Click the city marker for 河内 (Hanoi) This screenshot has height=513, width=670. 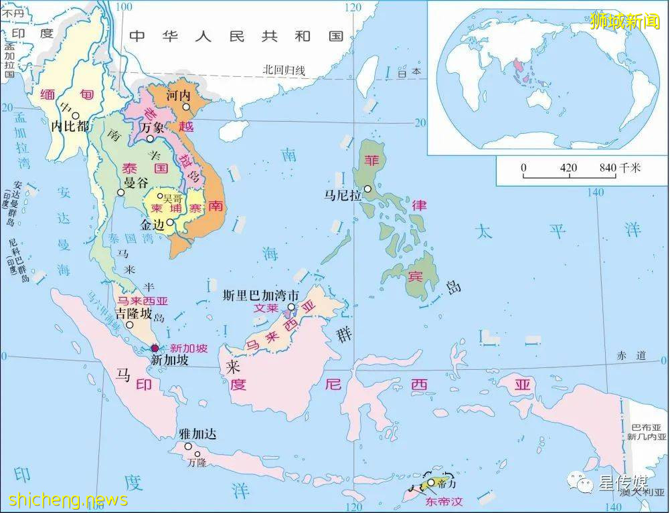pos(187,107)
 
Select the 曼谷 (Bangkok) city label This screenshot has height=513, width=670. pos(137,183)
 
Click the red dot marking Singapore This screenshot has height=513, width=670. pos(155,348)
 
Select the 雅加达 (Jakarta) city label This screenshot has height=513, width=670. pos(198,434)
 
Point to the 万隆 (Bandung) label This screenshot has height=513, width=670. pos(197,461)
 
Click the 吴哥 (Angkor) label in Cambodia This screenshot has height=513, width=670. pos(173,199)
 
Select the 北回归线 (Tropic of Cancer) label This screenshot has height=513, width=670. pos(284,70)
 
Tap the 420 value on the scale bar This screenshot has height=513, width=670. pos(568,167)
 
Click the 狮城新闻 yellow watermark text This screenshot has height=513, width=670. pos(624,21)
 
